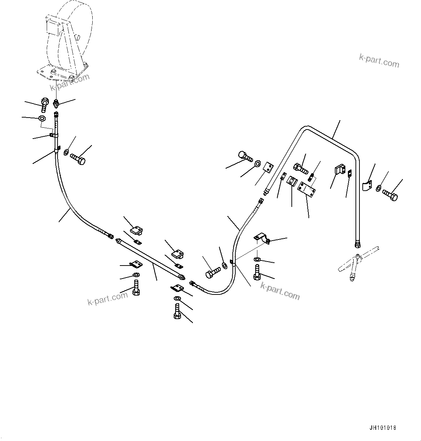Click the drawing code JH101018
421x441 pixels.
(x=383, y=428)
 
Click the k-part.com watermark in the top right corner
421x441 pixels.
(x=379, y=61)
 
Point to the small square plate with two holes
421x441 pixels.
(x=268, y=168)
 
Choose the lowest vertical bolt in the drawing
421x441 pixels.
(x=177, y=311)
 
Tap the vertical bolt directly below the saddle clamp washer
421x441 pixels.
(x=257, y=272)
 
